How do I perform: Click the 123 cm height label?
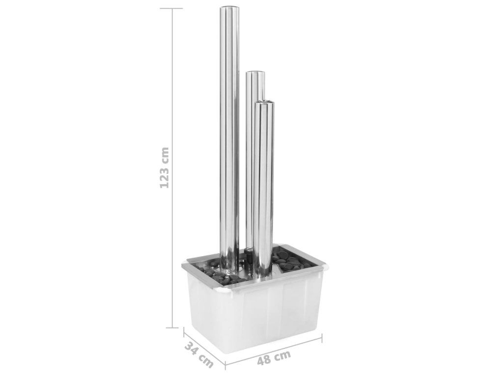tap(164, 167)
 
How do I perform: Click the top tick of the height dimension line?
tap(174, 8)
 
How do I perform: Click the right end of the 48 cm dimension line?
tap(322, 338)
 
